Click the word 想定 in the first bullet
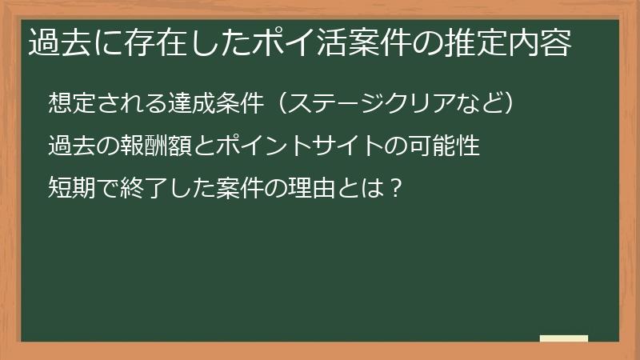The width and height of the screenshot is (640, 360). (68, 103)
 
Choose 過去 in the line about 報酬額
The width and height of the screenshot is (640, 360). (68, 146)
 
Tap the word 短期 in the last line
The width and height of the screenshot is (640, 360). (68, 190)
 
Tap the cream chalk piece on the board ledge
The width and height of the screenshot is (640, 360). (564, 338)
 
